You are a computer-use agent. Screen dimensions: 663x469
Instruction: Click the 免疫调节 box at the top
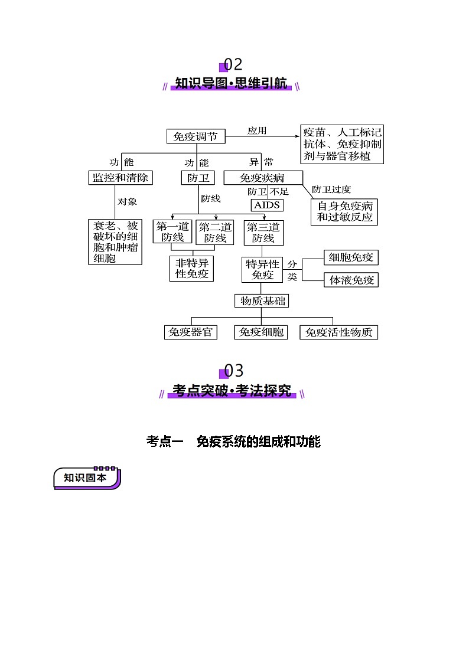[196, 137]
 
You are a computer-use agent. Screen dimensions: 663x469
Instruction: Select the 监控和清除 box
[120, 178]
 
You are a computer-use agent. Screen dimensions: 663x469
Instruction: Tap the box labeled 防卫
[197, 178]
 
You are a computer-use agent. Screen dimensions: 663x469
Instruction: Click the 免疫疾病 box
[263, 178]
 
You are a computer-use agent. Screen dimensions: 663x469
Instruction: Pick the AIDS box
[267, 205]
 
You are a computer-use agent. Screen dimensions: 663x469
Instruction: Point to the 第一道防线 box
[173, 232]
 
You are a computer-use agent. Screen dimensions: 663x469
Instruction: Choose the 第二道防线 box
[215, 232]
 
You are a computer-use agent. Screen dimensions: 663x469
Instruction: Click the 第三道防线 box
[263, 232]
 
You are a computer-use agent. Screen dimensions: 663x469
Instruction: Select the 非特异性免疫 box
[192, 269]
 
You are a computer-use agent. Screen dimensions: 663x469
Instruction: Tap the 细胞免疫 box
[351, 257]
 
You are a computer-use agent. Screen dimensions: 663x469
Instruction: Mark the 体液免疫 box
[351, 280]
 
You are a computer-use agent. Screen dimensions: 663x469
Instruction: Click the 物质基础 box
[262, 301]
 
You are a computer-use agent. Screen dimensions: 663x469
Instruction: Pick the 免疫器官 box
[190, 332]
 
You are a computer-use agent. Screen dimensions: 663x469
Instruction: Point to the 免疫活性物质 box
[338, 332]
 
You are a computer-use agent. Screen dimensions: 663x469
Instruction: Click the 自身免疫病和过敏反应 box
[345, 211]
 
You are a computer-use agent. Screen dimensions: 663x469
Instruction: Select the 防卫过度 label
[331, 190]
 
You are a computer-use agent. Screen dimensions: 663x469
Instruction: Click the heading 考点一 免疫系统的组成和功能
[233, 442]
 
